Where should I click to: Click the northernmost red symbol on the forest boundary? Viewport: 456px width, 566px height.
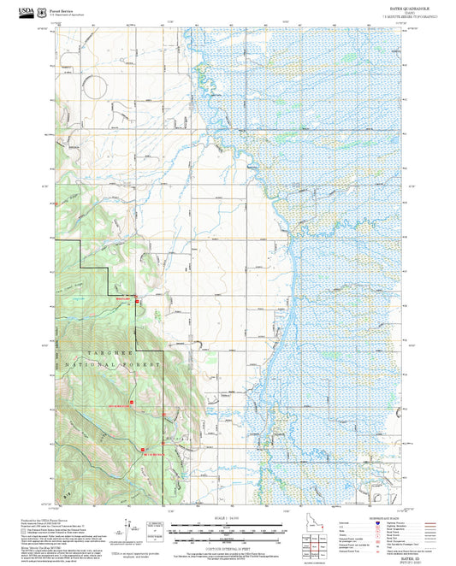(136, 299)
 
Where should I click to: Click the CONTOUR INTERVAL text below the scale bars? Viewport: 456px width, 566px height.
(227, 545)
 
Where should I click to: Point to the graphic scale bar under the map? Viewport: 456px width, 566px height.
(227, 526)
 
